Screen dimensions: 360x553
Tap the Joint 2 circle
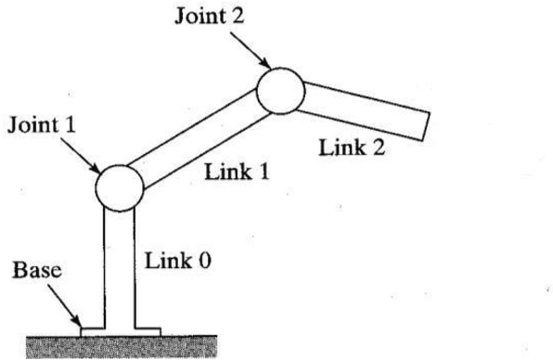click(280, 91)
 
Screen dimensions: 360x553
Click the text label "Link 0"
click(178, 263)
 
